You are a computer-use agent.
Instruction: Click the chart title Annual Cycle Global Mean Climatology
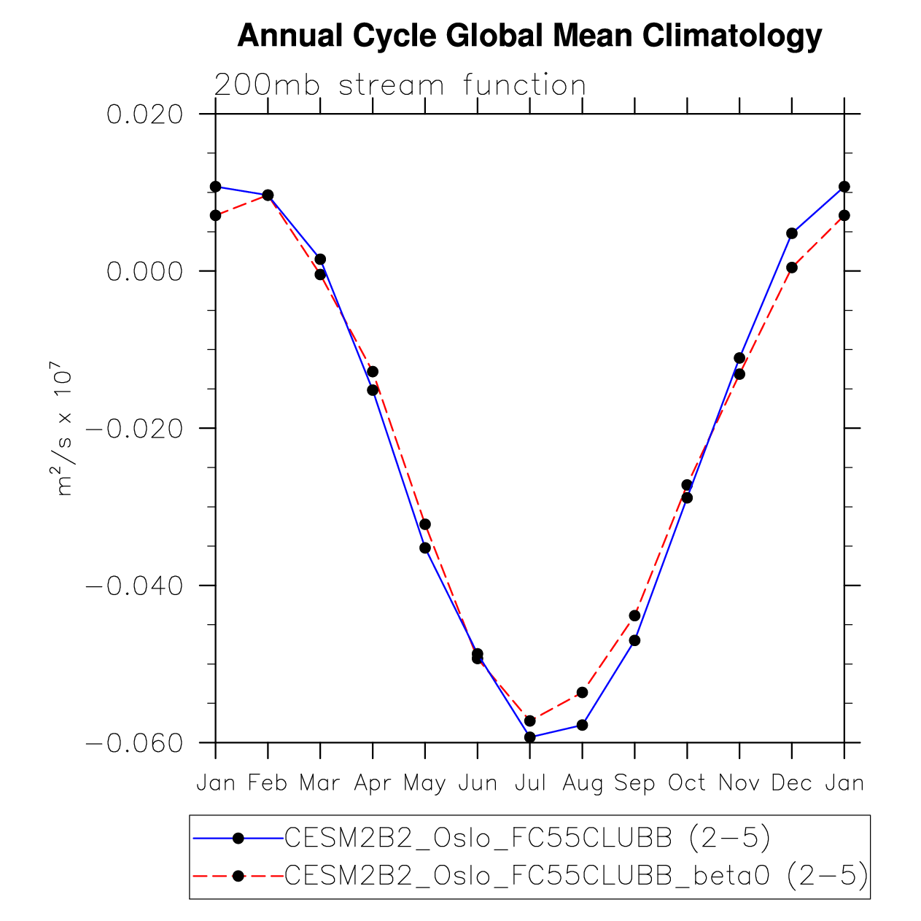click(x=529, y=36)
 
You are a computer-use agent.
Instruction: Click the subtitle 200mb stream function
click(x=400, y=85)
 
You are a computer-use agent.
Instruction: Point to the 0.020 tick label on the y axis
click(x=144, y=114)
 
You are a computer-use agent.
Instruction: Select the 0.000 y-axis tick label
click(x=144, y=271)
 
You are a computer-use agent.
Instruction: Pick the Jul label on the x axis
click(x=530, y=783)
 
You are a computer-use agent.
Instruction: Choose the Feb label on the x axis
click(x=268, y=783)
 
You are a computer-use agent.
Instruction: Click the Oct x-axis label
click(x=687, y=783)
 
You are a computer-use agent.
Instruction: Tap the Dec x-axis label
click(x=792, y=783)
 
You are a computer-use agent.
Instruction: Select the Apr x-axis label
click(x=373, y=783)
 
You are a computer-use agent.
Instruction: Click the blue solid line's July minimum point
click(x=530, y=737)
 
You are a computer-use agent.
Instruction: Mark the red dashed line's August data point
click(x=582, y=692)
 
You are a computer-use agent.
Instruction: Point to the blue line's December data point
click(x=792, y=233)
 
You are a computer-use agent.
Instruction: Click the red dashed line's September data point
click(x=634, y=615)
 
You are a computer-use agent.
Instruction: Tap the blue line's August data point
click(x=582, y=725)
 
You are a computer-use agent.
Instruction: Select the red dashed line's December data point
click(x=792, y=268)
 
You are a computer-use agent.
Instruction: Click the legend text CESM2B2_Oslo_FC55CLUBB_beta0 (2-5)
click(x=576, y=876)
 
